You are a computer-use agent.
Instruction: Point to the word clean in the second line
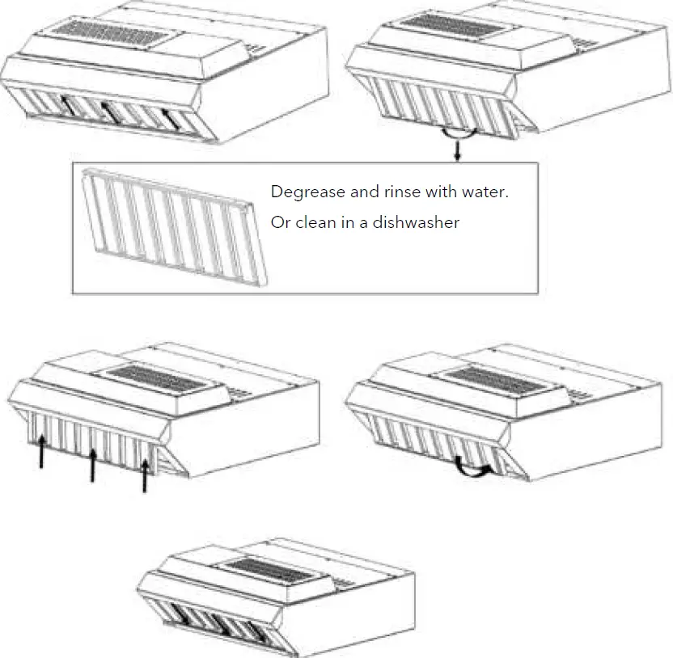click(x=314, y=222)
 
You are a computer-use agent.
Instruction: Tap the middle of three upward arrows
click(x=93, y=465)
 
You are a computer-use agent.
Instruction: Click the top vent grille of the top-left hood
click(x=118, y=31)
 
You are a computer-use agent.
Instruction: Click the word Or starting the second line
click(x=280, y=222)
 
